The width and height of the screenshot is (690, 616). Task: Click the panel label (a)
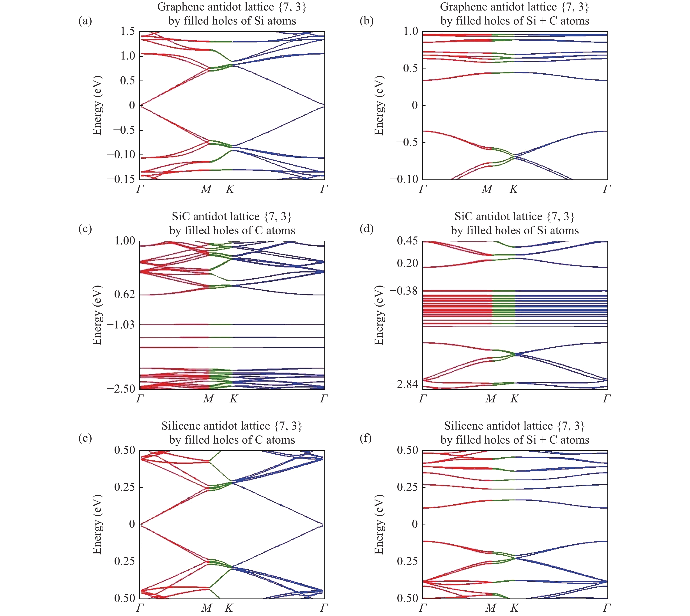85,21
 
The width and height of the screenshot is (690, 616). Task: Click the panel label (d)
366,229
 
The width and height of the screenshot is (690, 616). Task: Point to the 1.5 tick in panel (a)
128,31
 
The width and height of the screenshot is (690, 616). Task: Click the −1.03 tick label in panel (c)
121,325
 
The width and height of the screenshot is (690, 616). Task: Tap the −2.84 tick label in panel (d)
404,384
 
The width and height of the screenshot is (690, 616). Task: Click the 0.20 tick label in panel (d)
407,263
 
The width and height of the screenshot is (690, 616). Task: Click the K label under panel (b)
513,189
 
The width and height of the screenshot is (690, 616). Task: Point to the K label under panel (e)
229,608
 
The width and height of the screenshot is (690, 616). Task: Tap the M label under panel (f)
490,608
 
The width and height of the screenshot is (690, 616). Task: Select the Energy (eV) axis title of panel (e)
97,524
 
